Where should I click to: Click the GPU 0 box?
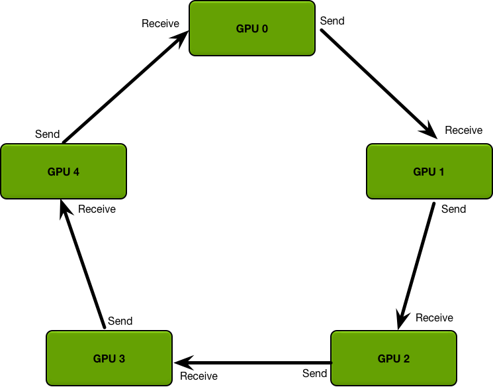point(252,28)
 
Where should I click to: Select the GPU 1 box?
point(429,171)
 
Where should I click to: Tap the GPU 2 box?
point(394,358)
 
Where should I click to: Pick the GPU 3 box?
point(109,358)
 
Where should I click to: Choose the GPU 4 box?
point(64,171)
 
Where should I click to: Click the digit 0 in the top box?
point(265,28)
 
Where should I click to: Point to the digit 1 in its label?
point(441,172)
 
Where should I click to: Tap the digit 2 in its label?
point(406,359)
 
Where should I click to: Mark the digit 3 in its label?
point(122,359)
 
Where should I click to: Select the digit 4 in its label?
point(76,172)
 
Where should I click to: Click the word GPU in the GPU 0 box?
point(247,28)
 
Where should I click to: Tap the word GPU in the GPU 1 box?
point(424,172)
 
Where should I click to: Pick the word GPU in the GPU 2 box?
point(389,359)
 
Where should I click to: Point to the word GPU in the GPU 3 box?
point(105,359)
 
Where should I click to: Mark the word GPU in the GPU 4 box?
point(59,172)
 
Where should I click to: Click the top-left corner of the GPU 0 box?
point(191,3)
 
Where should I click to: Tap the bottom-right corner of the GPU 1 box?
point(490,197)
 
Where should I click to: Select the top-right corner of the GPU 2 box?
point(455,333)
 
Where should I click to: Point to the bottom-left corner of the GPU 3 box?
point(48,384)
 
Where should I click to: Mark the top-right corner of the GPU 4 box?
point(124,146)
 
